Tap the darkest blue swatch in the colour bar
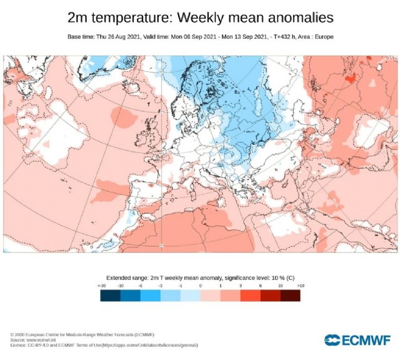tap(110, 295)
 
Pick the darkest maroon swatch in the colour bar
tap(290, 295)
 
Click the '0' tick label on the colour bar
tap(200, 285)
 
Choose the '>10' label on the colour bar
tap(300, 285)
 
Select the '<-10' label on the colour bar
tap(101, 285)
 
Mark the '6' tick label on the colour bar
tap(260, 285)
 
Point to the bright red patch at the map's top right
tap(351, 77)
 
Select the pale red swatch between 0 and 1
tap(210, 295)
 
